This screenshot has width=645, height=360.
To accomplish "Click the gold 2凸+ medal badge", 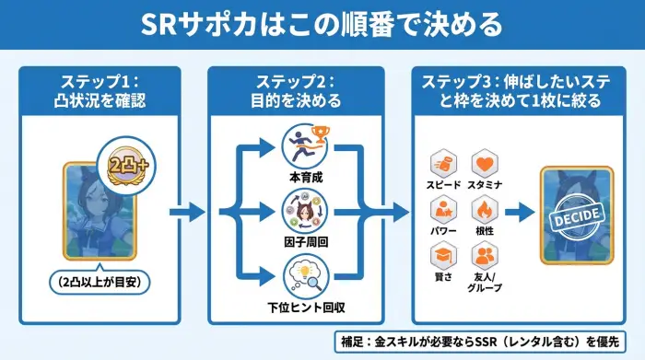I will (x=127, y=167).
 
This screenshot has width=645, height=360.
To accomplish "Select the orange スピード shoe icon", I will (x=443, y=166).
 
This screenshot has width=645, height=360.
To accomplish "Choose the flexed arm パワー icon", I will (x=443, y=212).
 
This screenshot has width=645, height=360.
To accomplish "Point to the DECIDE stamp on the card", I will (x=577, y=215).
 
